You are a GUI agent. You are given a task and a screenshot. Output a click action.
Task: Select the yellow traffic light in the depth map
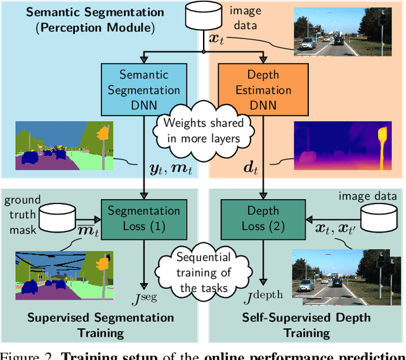click(x=381, y=142)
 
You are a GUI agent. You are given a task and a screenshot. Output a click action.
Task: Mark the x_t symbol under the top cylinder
click(x=216, y=39)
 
